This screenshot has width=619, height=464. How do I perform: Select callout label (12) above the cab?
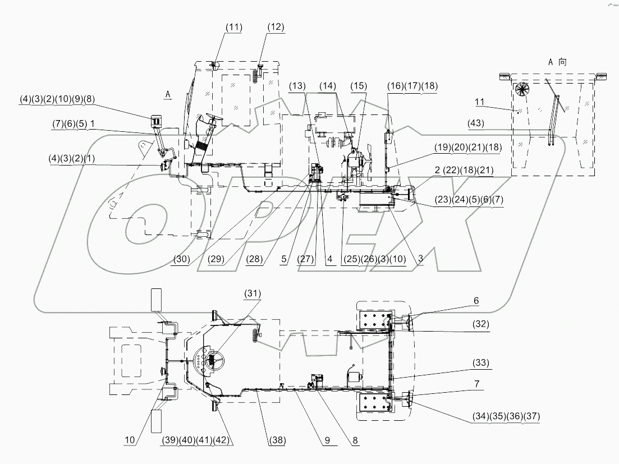point(276,27)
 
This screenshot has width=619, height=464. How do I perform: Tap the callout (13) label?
point(298,86)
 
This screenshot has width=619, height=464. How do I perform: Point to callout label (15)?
point(359,86)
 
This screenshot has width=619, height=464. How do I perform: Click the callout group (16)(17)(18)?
point(412,86)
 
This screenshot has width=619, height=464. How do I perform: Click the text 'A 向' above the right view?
point(557,62)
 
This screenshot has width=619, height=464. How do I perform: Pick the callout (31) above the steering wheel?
point(252,293)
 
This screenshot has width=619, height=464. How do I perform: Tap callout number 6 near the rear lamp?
point(476,301)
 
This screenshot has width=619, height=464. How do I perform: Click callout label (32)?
point(480,324)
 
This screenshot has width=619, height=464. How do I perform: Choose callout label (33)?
point(480,364)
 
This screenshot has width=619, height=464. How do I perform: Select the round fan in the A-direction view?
point(522,89)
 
